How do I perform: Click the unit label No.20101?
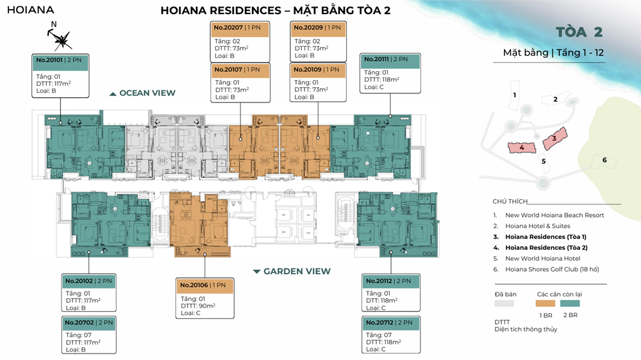49,60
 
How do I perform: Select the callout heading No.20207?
228,28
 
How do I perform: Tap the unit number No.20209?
308,28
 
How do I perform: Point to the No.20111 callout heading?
376,59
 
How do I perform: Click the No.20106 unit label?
194,285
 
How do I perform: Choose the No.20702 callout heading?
79,323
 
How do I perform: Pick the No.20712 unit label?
379,323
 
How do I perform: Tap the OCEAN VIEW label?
147,93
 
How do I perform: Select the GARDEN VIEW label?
297,272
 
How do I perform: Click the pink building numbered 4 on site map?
522,147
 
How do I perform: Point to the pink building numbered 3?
554,138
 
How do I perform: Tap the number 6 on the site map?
604,160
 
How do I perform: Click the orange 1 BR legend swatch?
545,304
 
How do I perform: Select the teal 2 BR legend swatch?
570,304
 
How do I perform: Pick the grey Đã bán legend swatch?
504,304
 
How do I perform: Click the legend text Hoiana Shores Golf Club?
542,269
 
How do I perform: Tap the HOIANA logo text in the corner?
31,10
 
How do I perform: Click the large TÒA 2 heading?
579,32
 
